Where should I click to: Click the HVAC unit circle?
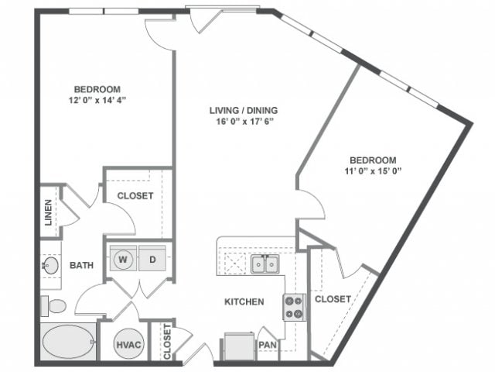(x=127, y=343)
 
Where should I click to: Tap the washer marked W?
(x=124, y=258)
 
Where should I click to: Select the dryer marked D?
(x=153, y=258)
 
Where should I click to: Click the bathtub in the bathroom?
(x=68, y=342)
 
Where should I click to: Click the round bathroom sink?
(x=50, y=265)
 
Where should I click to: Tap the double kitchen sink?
(x=265, y=265)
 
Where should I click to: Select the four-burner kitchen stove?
(x=294, y=306)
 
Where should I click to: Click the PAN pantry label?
(x=268, y=344)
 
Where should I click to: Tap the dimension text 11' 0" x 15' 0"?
(x=374, y=170)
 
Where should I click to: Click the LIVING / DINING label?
(x=244, y=110)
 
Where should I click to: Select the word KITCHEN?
(x=244, y=301)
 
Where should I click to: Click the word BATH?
(x=81, y=265)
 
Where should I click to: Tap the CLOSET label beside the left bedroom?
(x=135, y=196)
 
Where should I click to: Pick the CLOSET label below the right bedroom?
(x=333, y=298)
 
